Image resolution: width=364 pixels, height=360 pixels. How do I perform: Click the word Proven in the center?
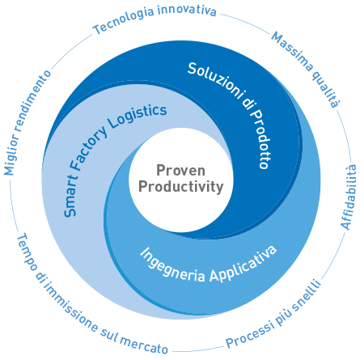[180, 171]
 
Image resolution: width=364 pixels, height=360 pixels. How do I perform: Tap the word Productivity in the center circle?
[181, 187]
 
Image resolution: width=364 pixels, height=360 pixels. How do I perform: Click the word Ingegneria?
[172, 266]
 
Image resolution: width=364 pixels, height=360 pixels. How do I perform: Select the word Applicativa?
[243, 265]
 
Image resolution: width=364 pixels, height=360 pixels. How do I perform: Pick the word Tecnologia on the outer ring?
[123, 22]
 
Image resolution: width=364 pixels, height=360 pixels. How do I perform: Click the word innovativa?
[187, 11]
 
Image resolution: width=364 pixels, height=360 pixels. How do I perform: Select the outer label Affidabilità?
[349, 197]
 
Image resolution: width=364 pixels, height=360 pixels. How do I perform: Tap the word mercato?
[144, 345]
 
